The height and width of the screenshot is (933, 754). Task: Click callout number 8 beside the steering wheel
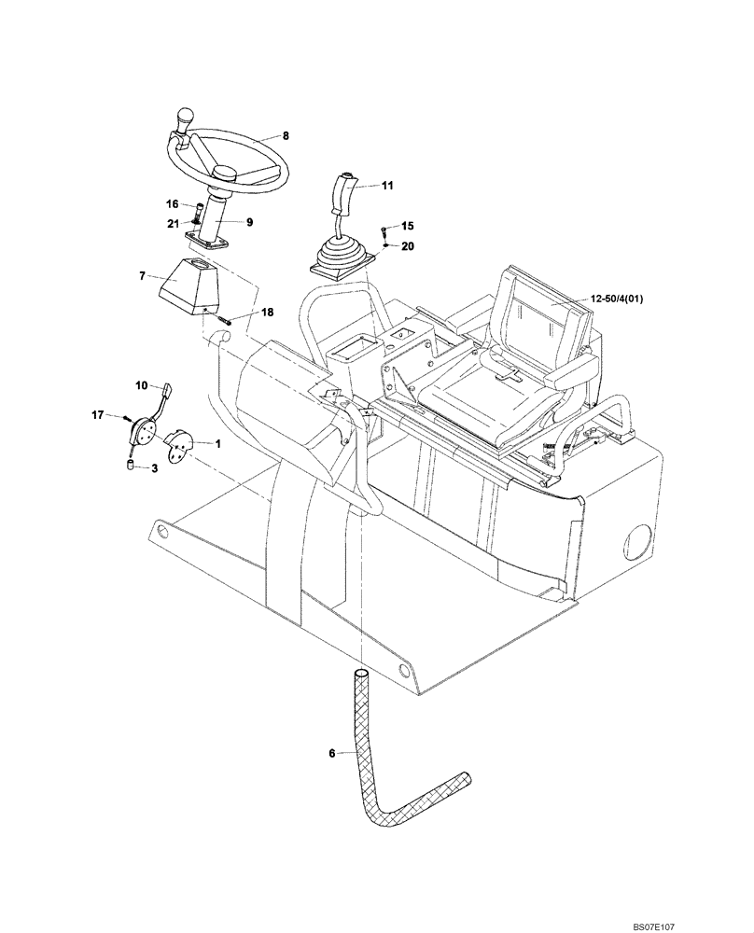[286, 135]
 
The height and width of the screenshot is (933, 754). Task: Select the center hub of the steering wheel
[227, 174]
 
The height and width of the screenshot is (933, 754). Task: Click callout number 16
[173, 202]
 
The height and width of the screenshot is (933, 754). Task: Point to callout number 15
[407, 226]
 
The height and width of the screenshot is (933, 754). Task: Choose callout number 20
[407, 245]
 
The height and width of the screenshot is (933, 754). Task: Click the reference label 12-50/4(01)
[624, 298]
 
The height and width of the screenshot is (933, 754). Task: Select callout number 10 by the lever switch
[142, 384]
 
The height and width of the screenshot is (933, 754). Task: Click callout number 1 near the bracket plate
[216, 445]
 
